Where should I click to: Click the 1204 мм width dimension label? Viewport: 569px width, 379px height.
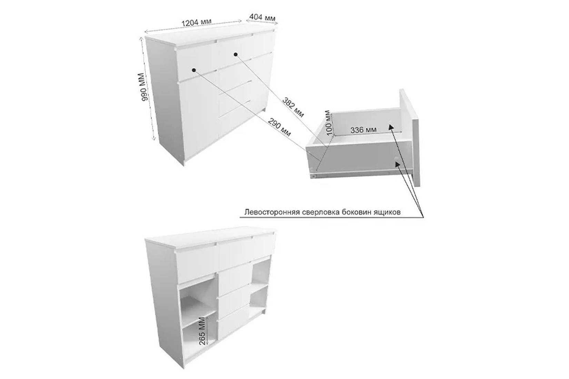click(x=196, y=23)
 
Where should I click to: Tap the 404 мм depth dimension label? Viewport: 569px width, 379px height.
click(x=262, y=18)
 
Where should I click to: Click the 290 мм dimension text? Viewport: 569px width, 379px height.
click(x=279, y=127)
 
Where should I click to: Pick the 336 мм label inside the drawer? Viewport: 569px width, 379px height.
click(x=363, y=130)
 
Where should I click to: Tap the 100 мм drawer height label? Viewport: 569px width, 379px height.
click(x=328, y=123)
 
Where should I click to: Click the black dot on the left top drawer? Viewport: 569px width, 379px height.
click(x=194, y=70)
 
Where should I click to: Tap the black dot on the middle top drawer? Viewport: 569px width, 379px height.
click(x=236, y=54)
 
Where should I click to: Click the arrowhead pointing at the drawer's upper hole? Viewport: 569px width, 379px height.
click(x=391, y=128)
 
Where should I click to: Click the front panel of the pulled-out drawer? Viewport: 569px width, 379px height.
click(x=409, y=137)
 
